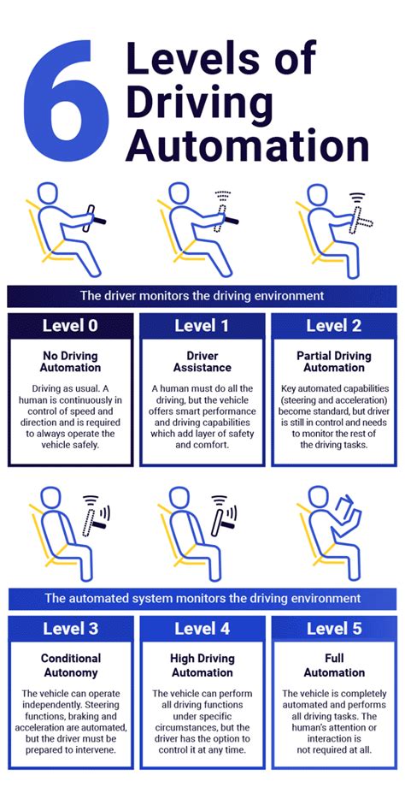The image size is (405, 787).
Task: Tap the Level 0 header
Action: [70, 325]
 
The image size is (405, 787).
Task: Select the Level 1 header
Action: [202, 325]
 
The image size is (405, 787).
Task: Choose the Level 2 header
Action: [333, 325]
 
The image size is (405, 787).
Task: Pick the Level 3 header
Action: [70, 629]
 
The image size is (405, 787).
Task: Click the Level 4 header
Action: [202, 629]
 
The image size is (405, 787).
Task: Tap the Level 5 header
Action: [333, 629]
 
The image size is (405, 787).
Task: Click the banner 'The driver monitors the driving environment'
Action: [202, 296]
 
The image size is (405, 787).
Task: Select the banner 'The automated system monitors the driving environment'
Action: [202, 598]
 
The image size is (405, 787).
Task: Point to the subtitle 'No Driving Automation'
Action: [70, 361]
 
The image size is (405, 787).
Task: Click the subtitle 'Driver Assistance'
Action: [202, 361]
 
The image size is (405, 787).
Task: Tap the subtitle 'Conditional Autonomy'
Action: [70, 666]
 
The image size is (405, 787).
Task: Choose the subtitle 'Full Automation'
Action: [333, 666]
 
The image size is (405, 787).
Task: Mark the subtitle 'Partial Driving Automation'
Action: [333, 361]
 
